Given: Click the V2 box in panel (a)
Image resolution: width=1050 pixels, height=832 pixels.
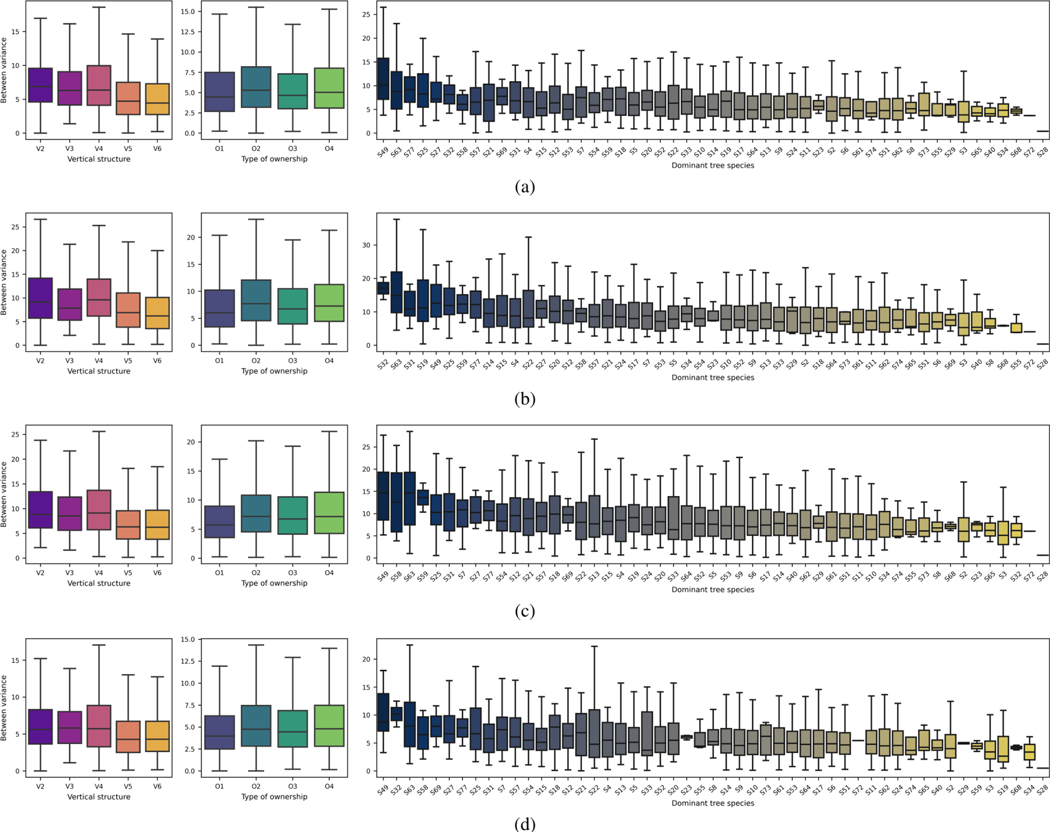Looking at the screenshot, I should coord(40,85).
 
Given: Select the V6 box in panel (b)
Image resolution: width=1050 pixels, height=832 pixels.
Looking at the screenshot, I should coord(157,313).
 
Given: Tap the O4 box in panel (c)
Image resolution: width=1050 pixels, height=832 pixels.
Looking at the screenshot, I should coord(329,513).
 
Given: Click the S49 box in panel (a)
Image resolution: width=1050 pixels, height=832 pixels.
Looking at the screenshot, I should coord(383,79).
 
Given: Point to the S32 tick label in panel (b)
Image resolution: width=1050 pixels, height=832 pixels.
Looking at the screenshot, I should coord(383,364).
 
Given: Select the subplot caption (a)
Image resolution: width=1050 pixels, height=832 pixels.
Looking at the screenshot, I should coord(525,187).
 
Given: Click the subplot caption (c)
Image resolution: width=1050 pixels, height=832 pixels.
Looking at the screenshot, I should coord(525,611).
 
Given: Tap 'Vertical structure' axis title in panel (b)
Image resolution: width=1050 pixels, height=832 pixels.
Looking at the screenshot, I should coord(99,371).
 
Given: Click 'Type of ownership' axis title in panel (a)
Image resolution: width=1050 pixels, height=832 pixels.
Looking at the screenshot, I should coord(274,159).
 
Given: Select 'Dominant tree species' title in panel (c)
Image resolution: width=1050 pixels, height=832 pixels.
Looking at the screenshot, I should coord(712,589).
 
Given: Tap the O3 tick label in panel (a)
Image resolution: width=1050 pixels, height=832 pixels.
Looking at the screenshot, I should coord(293,149).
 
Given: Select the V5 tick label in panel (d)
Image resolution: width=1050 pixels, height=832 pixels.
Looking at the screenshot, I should coord(128,786).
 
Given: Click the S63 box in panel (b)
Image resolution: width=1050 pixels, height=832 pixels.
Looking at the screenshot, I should coord(396,292).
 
